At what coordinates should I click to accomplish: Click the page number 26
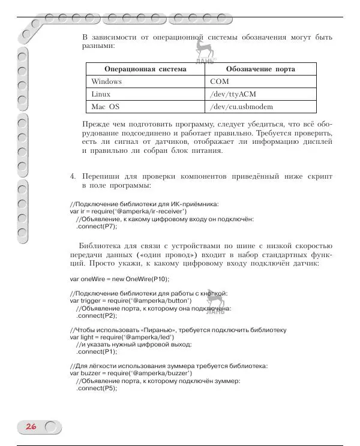31,427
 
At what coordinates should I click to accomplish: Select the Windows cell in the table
107,82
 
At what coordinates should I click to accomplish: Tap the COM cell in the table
220,82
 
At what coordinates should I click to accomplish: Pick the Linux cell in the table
101,94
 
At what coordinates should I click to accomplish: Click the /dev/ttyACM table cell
234,94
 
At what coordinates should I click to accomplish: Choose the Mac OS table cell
106,107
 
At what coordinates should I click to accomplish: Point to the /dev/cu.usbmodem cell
241,107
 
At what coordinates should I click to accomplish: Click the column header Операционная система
145,69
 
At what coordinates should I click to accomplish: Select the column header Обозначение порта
261,69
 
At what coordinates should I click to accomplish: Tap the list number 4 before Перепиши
73,177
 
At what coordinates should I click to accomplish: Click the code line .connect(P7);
97,226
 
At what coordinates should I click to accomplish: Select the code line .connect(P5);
97,388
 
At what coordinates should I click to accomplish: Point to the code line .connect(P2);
97,315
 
